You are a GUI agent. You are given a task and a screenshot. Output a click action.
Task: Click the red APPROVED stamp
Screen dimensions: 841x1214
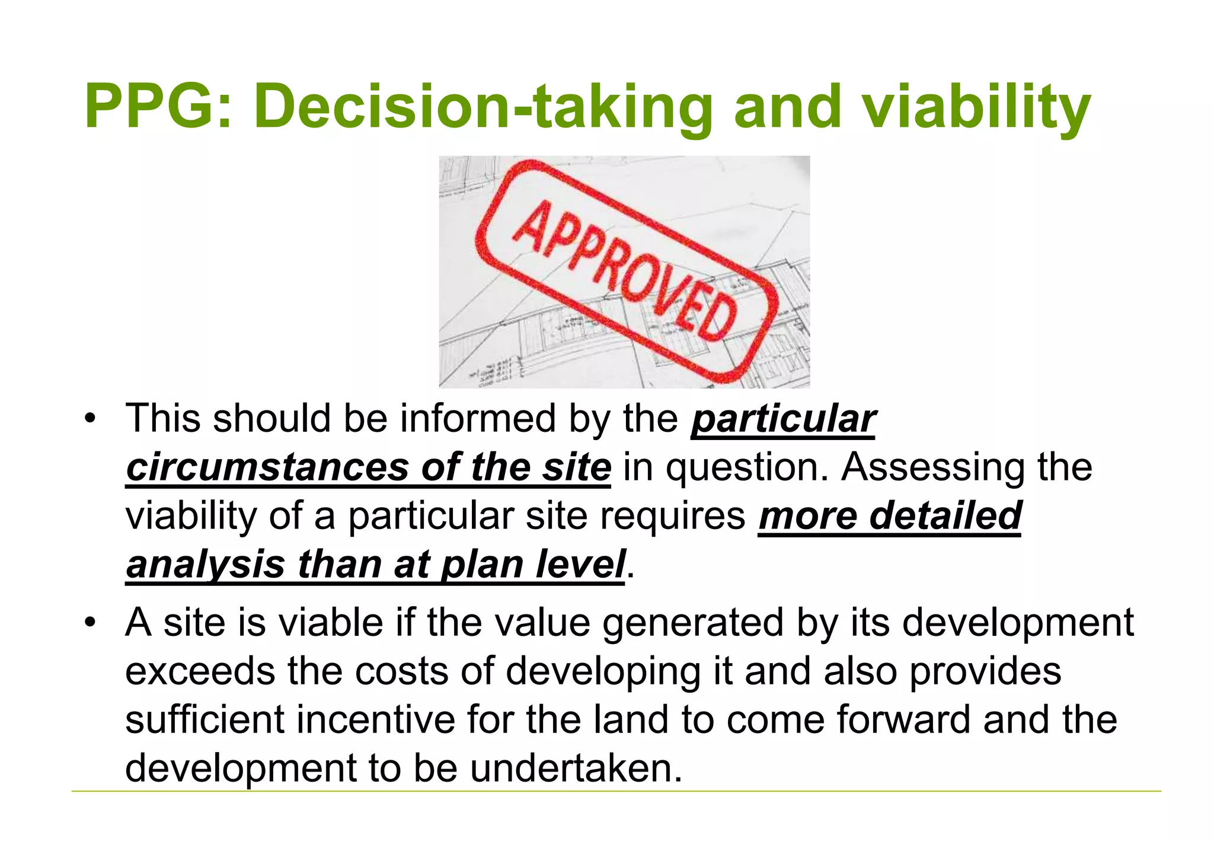626,270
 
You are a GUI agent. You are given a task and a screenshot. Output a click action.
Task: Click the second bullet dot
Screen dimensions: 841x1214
90,623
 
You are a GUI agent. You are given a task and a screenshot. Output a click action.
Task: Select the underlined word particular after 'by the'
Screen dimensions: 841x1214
783,419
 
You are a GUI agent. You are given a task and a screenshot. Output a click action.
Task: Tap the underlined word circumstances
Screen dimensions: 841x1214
267,467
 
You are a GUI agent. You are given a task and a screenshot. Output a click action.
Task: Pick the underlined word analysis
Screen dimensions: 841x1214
205,564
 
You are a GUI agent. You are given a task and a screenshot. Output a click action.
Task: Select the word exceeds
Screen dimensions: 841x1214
200,671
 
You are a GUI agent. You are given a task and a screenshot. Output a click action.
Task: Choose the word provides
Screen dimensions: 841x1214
985,671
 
